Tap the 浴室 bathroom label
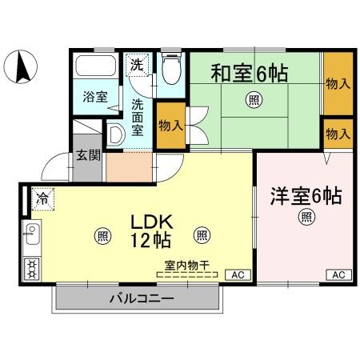click(x=95, y=98)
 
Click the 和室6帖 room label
click(x=250, y=73)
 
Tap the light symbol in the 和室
click(x=253, y=100)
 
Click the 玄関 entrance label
click(x=88, y=155)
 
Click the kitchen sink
click(x=33, y=236)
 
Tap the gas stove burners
click(x=33, y=267)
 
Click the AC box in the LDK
click(x=237, y=275)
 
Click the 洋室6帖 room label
click(x=305, y=195)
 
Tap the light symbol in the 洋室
click(x=306, y=216)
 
